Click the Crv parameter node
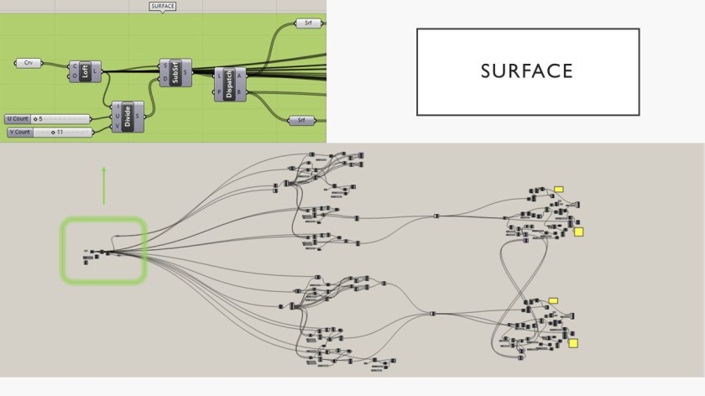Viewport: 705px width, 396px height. coord(29,63)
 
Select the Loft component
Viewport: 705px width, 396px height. coord(85,70)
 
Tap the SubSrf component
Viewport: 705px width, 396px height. coord(176,72)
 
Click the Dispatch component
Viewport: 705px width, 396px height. coord(229,83)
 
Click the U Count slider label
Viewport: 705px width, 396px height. coord(18,118)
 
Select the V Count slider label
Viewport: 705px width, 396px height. coord(19,132)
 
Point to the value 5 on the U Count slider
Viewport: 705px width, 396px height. coord(39,118)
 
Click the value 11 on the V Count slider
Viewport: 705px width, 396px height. coord(60,132)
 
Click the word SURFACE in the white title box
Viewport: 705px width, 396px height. coord(527,71)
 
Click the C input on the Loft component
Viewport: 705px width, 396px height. coord(75,65)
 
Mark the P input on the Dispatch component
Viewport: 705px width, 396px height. coord(219,91)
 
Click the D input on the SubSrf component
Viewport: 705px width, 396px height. coord(164,79)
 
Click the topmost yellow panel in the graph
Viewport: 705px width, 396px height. coord(558,190)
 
